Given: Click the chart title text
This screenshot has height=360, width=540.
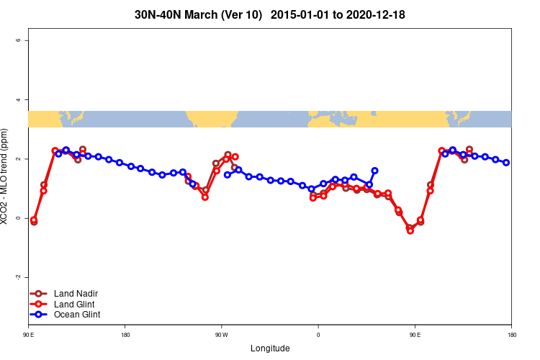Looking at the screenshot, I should (x=270, y=14).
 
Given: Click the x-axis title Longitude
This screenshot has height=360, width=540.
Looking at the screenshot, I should (x=270, y=348).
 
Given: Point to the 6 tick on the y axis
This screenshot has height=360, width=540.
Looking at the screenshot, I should (x=18, y=40).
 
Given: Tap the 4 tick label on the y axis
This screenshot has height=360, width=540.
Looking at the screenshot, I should (x=18, y=99).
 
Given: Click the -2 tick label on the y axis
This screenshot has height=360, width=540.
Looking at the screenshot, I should (x=18, y=277).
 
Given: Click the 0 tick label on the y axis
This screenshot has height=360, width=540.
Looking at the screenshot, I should (x=18, y=218).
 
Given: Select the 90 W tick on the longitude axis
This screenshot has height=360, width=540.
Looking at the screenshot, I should (x=221, y=335).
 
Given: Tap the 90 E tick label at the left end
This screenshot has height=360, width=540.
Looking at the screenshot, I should (x=28, y=335).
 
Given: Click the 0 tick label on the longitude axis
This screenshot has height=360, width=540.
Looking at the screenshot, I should (x=318, y=335).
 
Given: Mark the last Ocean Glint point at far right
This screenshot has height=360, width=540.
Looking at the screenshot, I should (x=506, y=163).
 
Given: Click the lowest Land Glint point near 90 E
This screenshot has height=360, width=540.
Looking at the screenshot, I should (x=410, y=231).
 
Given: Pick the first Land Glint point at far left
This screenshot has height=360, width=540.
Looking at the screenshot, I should (x=34, y=220).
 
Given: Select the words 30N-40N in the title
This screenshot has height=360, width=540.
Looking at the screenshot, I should (x=158, y=14).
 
